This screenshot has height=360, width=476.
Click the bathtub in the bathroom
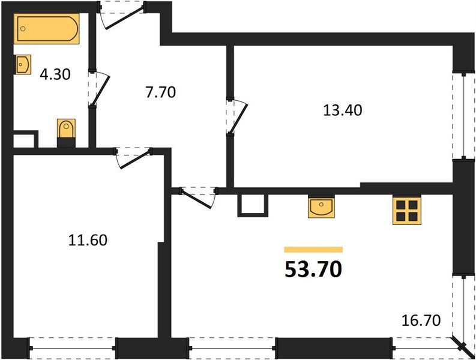47,29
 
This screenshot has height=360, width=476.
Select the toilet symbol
66,131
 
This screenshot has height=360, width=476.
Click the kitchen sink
321,208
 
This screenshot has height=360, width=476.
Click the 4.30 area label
55,75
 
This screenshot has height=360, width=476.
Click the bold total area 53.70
313,270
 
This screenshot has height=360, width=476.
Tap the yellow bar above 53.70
313,249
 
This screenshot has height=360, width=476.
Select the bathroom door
97,89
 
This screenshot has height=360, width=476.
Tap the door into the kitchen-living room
199,196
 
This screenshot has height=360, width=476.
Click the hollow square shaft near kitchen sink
252,204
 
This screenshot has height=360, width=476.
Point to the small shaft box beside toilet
25,140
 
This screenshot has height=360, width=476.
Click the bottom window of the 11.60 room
73,346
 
